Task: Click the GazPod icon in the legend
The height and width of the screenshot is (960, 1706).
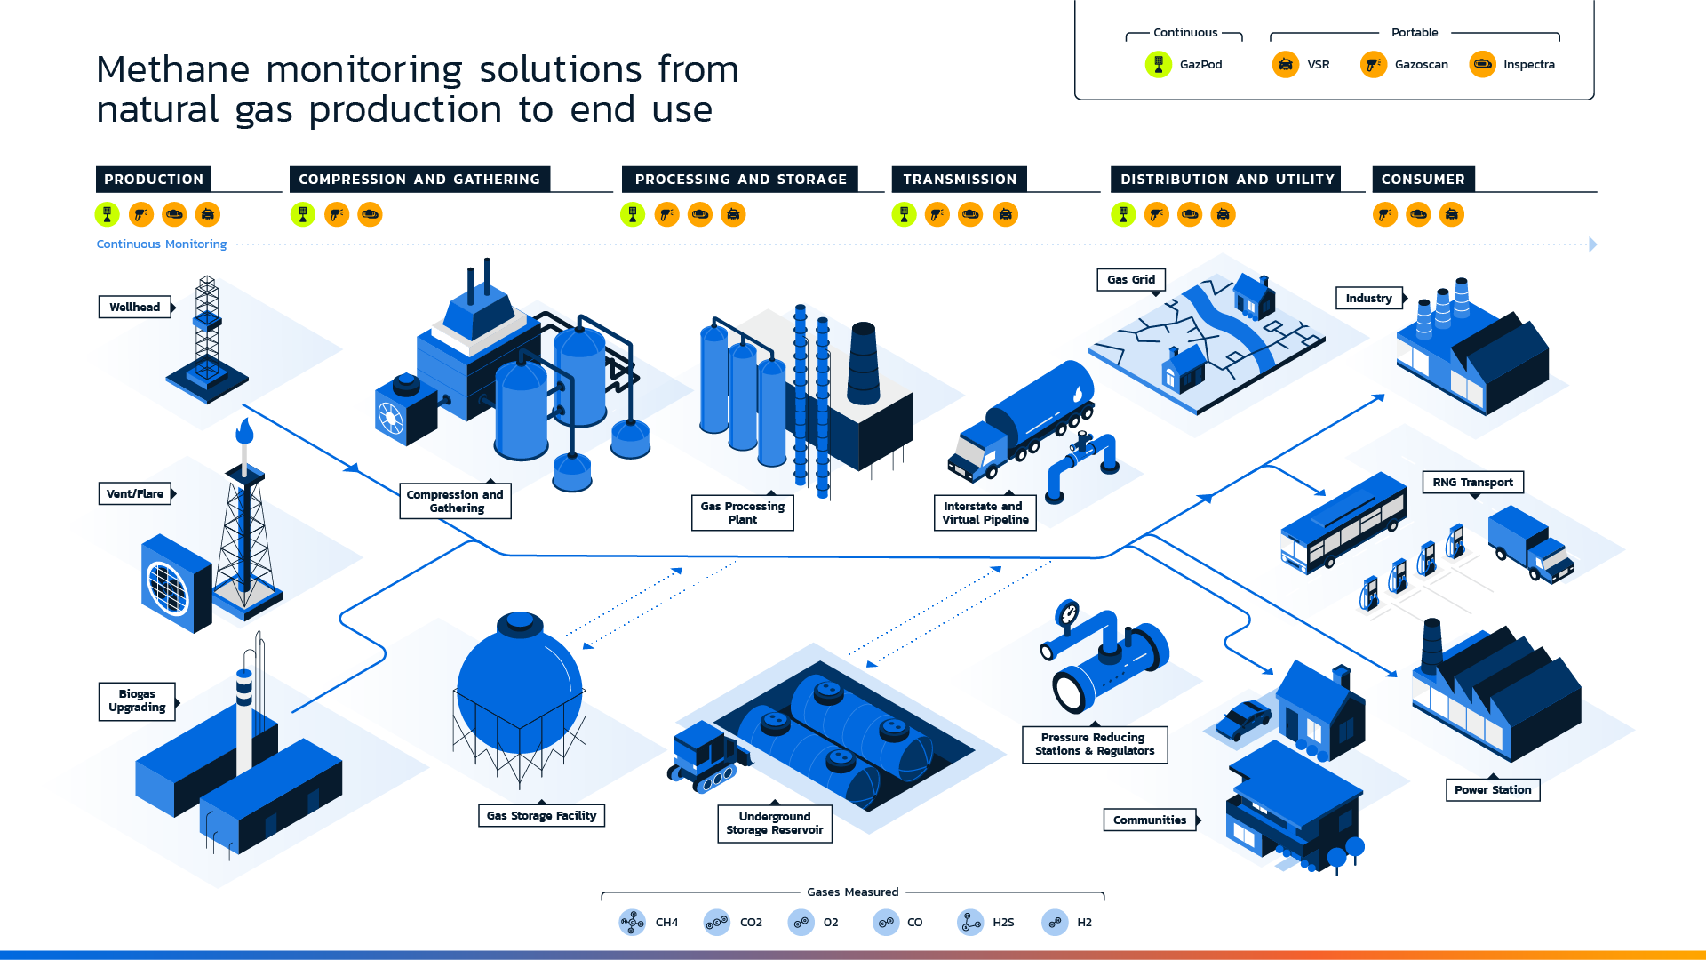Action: coord(1159,64)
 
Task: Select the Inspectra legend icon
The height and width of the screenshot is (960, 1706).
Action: coord(1482,64)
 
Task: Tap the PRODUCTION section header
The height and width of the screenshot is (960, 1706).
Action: coord(154,179)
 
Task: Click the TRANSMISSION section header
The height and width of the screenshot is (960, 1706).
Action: coord(960,179)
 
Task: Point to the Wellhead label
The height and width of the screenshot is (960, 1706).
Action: coord(135,307)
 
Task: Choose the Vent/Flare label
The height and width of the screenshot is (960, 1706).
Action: coord(135,493)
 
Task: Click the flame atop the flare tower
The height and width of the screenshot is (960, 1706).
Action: coord(244,432)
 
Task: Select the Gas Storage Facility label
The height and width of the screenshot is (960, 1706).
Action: coord(541,815)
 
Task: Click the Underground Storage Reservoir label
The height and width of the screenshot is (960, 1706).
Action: coord(775,823)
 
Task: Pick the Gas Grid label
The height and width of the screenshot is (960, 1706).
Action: coord(1131,279)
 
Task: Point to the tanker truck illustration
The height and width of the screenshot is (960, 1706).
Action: coord(1022,422)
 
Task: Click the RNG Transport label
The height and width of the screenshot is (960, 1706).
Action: coord(1472,482)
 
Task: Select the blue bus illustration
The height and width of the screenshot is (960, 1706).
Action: coord(1343,523)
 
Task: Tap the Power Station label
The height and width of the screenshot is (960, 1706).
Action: coord(1493,789)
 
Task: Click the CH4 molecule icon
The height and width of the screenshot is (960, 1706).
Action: coord(633,922)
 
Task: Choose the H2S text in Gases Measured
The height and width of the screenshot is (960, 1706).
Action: coord(1003,922)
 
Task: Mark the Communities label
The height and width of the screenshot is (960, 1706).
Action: coord(1150,820)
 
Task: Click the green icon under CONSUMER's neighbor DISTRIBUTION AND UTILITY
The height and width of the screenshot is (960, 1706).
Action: coord(1123,214)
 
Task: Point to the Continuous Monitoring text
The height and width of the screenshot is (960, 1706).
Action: coord(162,244)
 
